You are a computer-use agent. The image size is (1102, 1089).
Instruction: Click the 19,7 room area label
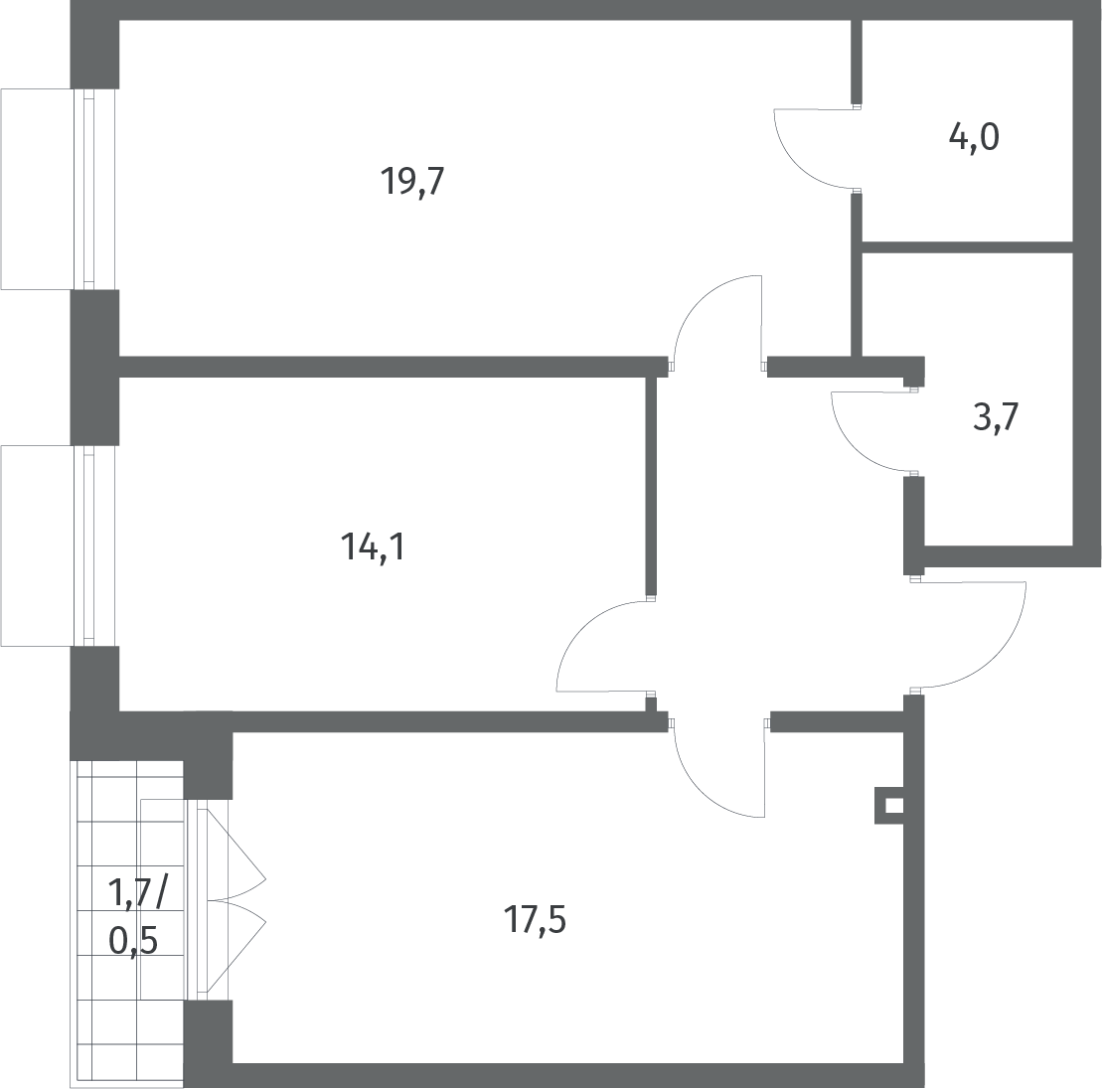[x=412, y=181]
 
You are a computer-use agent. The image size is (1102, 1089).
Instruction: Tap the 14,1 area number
[x=374, y=546]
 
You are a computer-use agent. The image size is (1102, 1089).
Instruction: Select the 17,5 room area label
[x=535, y=919]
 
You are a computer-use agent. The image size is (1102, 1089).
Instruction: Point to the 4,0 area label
[x=974, y=137]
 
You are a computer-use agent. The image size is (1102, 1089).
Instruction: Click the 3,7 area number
[x=996, y=418]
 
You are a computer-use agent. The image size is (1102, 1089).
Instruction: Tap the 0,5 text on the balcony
[x=133, y=940]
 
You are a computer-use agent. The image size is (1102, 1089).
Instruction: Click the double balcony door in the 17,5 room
[x=232, y=900]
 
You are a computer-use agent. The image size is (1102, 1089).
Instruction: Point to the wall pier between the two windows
[x=94, y=367]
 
